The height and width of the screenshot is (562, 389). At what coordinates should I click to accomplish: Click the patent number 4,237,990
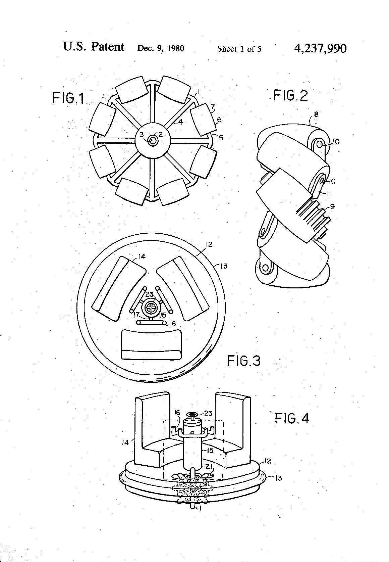[320, 48]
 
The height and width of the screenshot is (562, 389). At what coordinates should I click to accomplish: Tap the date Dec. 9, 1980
[161, 48]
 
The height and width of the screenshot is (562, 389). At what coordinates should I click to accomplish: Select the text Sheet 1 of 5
[239, 49]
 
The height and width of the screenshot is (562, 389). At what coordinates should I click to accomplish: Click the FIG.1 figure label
[68, 98]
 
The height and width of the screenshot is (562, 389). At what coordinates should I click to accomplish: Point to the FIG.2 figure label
[291, 96]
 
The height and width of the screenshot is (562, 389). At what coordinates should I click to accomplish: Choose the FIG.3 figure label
[243, 361]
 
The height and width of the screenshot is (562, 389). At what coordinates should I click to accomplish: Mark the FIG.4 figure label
[292, 418]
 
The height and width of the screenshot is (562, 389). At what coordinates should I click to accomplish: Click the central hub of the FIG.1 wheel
[153, 140]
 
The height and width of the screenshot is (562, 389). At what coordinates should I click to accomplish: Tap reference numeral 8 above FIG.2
[316, 114]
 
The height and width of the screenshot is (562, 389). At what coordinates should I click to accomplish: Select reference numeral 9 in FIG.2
[332, 207]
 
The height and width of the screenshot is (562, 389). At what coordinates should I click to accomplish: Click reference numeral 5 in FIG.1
[221, 138]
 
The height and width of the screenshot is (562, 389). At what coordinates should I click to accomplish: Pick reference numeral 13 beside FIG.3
[224, 266]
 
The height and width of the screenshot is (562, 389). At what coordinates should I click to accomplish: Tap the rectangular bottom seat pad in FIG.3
[151, 345]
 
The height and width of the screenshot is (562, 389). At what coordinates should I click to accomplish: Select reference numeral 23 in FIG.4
[208, 413]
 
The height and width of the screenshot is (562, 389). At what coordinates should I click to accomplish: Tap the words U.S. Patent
[94, 47]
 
